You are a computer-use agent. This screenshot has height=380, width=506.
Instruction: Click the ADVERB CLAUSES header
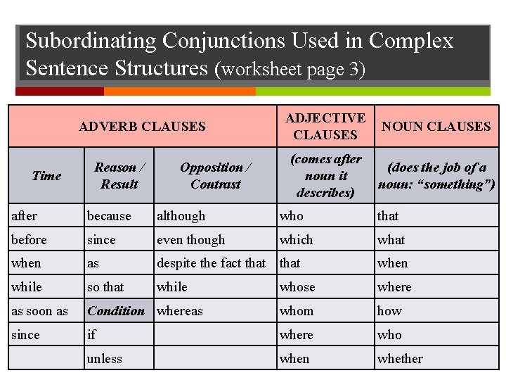click(x=142, y=127)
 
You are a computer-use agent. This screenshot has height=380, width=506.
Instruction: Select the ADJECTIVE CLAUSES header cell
click(x=325, y=126)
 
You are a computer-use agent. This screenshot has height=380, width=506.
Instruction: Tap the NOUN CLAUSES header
click(x=436, y=127)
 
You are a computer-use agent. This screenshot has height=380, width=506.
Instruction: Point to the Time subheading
click(x=46, y=176)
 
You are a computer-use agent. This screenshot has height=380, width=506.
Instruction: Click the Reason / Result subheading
click(x=119, y=176)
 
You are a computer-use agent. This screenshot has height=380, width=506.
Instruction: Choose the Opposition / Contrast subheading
click(x=215, y=176)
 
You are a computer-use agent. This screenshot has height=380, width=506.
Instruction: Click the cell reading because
click(x=109, y=216)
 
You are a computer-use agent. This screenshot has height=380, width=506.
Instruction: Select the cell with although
click(x=181, y=216)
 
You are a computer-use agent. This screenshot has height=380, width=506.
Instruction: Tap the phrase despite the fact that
click(x=211, y=263)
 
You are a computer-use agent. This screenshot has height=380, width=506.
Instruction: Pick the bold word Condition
click(x=116, y=310)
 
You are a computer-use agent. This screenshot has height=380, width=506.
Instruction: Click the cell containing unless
click(x=105, y=359)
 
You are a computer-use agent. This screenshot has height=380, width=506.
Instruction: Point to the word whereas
click(x=180, y=311)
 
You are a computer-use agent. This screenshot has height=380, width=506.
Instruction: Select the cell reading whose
click(x=297, y=287)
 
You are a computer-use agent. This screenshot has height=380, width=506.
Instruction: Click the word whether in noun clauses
click(x=400, y=359)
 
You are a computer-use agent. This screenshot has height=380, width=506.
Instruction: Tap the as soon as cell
click(x=40, y=311)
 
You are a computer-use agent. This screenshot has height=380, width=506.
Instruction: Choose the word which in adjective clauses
click(x=296, y=240)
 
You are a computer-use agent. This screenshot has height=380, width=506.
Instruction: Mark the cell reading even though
click(x=191, y=240)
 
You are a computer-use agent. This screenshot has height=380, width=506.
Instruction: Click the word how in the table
click(x=389, y=311)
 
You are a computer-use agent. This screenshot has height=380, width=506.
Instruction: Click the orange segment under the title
click(x=179, y=91)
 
